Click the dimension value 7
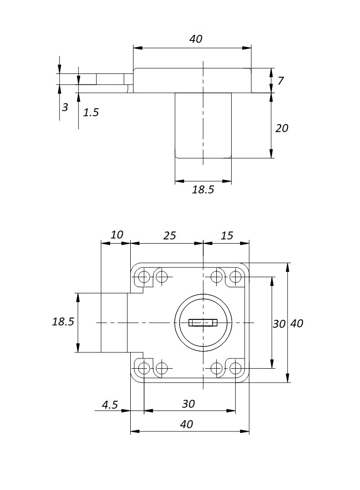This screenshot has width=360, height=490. tap(280, 81)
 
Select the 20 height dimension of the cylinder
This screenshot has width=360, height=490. tap(282, 128)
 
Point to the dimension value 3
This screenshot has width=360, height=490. tap(65, 107)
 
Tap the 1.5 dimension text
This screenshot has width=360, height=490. tap(91, 112)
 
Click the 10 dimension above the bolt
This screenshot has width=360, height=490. tap(117, 235)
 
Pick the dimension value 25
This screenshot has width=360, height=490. tap(170, 236)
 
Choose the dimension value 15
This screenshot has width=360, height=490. tap(227, 236)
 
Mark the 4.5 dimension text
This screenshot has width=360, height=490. tap(109, 404)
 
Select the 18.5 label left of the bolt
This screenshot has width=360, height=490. tap(63, 322)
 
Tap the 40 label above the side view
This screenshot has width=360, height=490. tap(196, 39)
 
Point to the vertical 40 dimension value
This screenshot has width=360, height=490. tap(297, 324)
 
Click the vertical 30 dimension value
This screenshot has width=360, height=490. tap(279, 324)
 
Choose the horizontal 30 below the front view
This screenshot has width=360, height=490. tap(188, 404)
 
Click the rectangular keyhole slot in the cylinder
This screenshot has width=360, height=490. tap(203, 322)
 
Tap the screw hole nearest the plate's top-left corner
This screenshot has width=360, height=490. tap(144, 278)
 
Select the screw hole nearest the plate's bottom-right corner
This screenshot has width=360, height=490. tap(236, 369)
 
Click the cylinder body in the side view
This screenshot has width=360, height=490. tap(203, 126)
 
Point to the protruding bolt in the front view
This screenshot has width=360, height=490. tap(114, 323)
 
